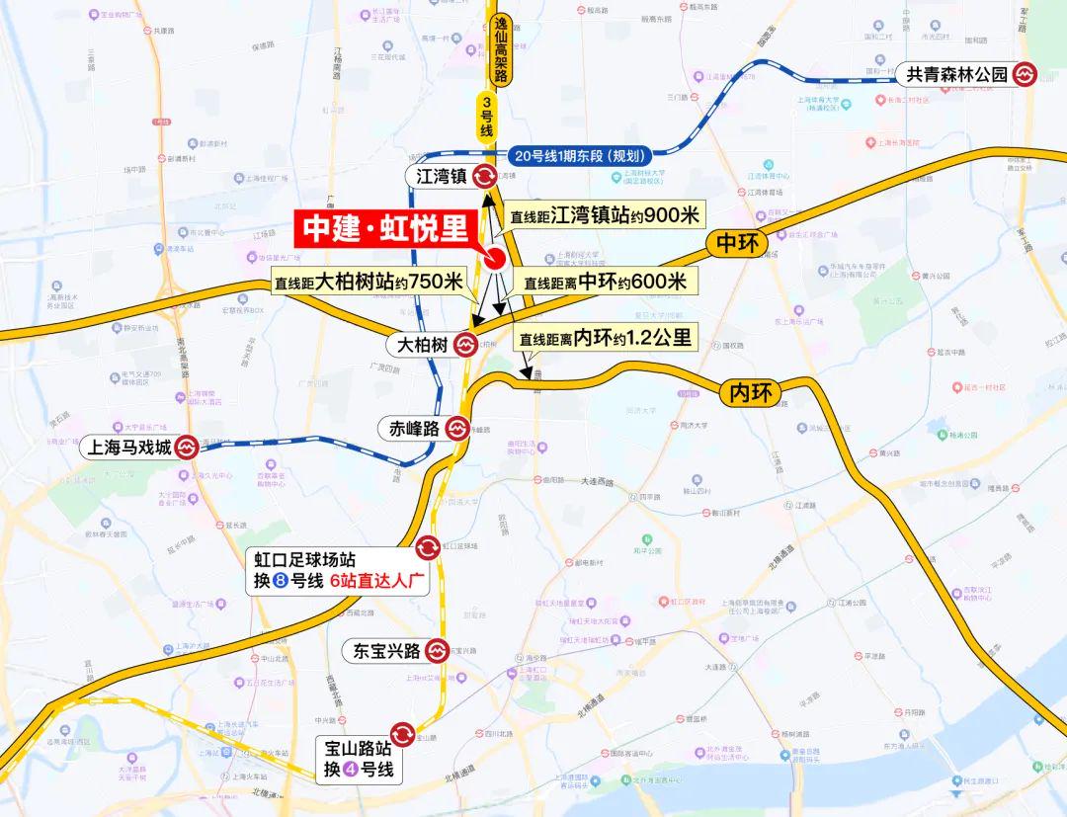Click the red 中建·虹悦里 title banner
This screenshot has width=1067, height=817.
(384, 228)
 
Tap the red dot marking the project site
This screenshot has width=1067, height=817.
(495, 259)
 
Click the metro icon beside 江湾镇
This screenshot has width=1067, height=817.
(485, 177)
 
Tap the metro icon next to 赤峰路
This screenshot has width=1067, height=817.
(456, 429)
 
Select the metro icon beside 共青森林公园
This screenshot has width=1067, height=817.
(1026, 75)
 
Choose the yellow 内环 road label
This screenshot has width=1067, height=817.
(749, 393)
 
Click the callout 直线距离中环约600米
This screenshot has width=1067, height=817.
(604, 283)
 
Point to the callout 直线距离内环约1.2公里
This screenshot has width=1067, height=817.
(607, 338)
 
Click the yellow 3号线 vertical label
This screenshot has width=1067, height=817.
(486, 117)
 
